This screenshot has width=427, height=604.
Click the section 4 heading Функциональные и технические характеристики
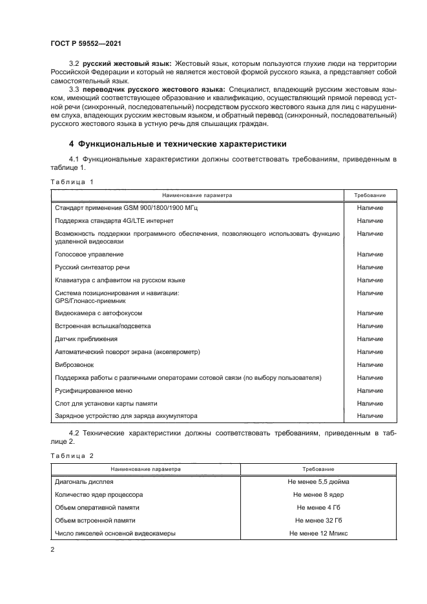click(x=178, y=144)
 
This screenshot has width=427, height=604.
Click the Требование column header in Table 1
click(x=370, y=194)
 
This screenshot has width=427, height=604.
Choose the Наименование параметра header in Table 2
click(x=145, y=468)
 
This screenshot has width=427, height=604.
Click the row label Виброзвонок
click(x=74, y=364)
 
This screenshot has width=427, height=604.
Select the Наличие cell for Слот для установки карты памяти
click(x=370, y=403)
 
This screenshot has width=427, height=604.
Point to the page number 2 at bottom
click(x=52, y=550)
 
